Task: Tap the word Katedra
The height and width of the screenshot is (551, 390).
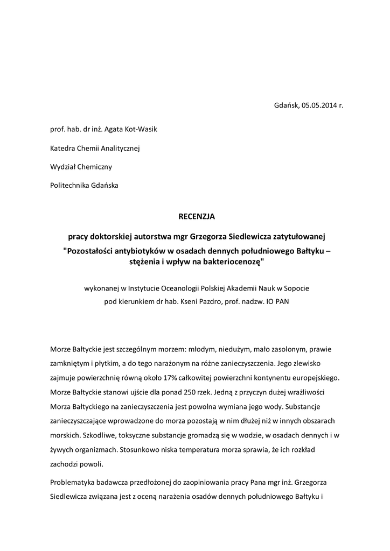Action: coord(62,148)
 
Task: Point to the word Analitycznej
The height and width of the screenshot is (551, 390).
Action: coord(120,148)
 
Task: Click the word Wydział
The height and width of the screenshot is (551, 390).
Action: coord(63,167)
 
